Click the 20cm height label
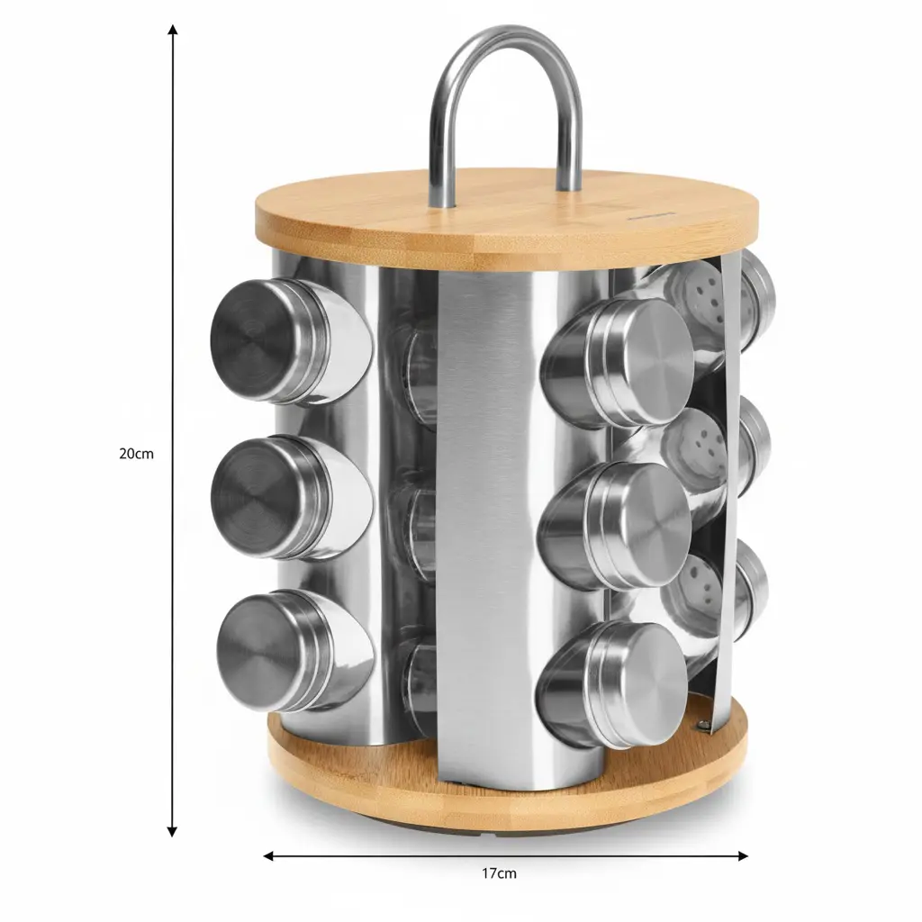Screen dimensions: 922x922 point(137,454)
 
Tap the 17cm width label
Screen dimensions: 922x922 point(499,873)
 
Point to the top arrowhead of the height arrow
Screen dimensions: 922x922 point(172,30)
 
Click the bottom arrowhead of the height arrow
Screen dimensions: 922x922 point(172,831)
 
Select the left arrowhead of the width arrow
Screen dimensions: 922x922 point(268,855)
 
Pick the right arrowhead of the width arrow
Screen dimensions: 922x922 point(742,855)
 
